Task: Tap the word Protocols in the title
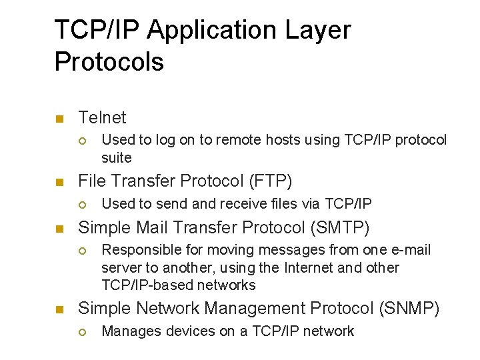click(109, 62)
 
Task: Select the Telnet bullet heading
click(102, 118)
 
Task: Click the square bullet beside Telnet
click(59, 119)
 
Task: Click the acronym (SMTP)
click(339, 228)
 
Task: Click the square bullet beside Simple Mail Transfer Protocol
click(59, 229)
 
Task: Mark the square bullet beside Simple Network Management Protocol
click(59, 310)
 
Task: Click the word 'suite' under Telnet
click(117, 158)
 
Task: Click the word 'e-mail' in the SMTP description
click(411, 250)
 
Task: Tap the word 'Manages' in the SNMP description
click(128, 331)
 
